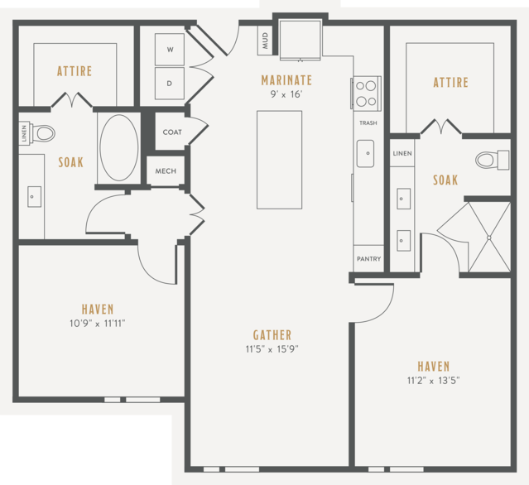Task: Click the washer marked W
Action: point(170,49)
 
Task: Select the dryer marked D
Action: point(170,84)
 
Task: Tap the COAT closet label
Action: point(172,132)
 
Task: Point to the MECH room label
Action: point(166,171)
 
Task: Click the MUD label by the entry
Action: point(265,41)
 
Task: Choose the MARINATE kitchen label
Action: point(286,80)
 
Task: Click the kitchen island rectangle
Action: point(279,160)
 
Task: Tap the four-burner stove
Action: point(366,94)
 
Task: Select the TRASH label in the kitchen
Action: point(368,123)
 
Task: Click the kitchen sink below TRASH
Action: point(366,154)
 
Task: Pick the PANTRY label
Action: point(368,259)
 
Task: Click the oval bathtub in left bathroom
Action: point(119,147)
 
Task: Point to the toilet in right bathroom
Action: point(493,160)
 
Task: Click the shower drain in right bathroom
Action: point(489,238)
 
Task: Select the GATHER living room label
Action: point(272,335)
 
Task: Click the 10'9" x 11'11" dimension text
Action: point(97,324)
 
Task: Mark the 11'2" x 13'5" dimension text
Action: point(434,381)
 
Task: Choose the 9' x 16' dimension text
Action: point(286,94)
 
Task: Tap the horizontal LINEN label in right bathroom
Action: point(402,153)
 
